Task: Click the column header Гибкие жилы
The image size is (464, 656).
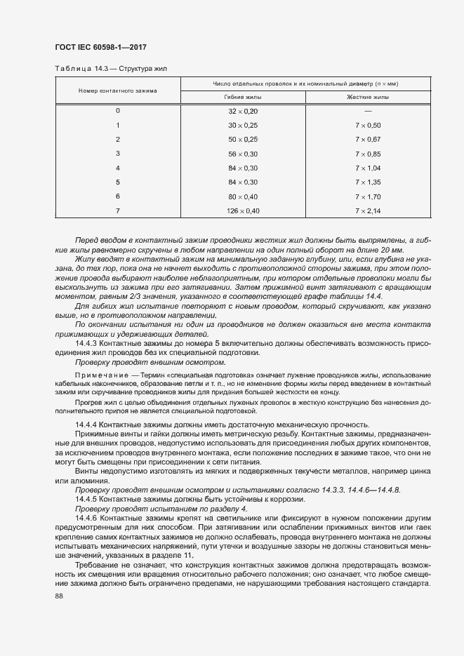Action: tap(243, 98)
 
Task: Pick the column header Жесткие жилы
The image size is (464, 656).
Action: tap(368, 98)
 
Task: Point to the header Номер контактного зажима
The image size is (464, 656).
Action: tap(117, 91)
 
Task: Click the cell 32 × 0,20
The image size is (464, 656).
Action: tap(243, 112)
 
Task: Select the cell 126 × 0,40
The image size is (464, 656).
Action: tap(243, 210)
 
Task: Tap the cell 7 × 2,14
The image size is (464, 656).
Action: tap(368, 210)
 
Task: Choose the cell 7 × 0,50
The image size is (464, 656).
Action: tap(368, 126)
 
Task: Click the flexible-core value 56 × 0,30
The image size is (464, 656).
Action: tap(243, 154)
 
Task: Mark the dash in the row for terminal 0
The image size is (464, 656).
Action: tap(368, 112)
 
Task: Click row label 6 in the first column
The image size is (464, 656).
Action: tap(117, 196)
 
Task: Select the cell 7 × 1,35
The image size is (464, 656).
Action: tap(368, 182)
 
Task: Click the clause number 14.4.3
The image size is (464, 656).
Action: tap(87, 344)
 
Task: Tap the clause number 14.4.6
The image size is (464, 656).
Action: tap(87, 516)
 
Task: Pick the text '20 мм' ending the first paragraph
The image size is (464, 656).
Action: tap(391, 250)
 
